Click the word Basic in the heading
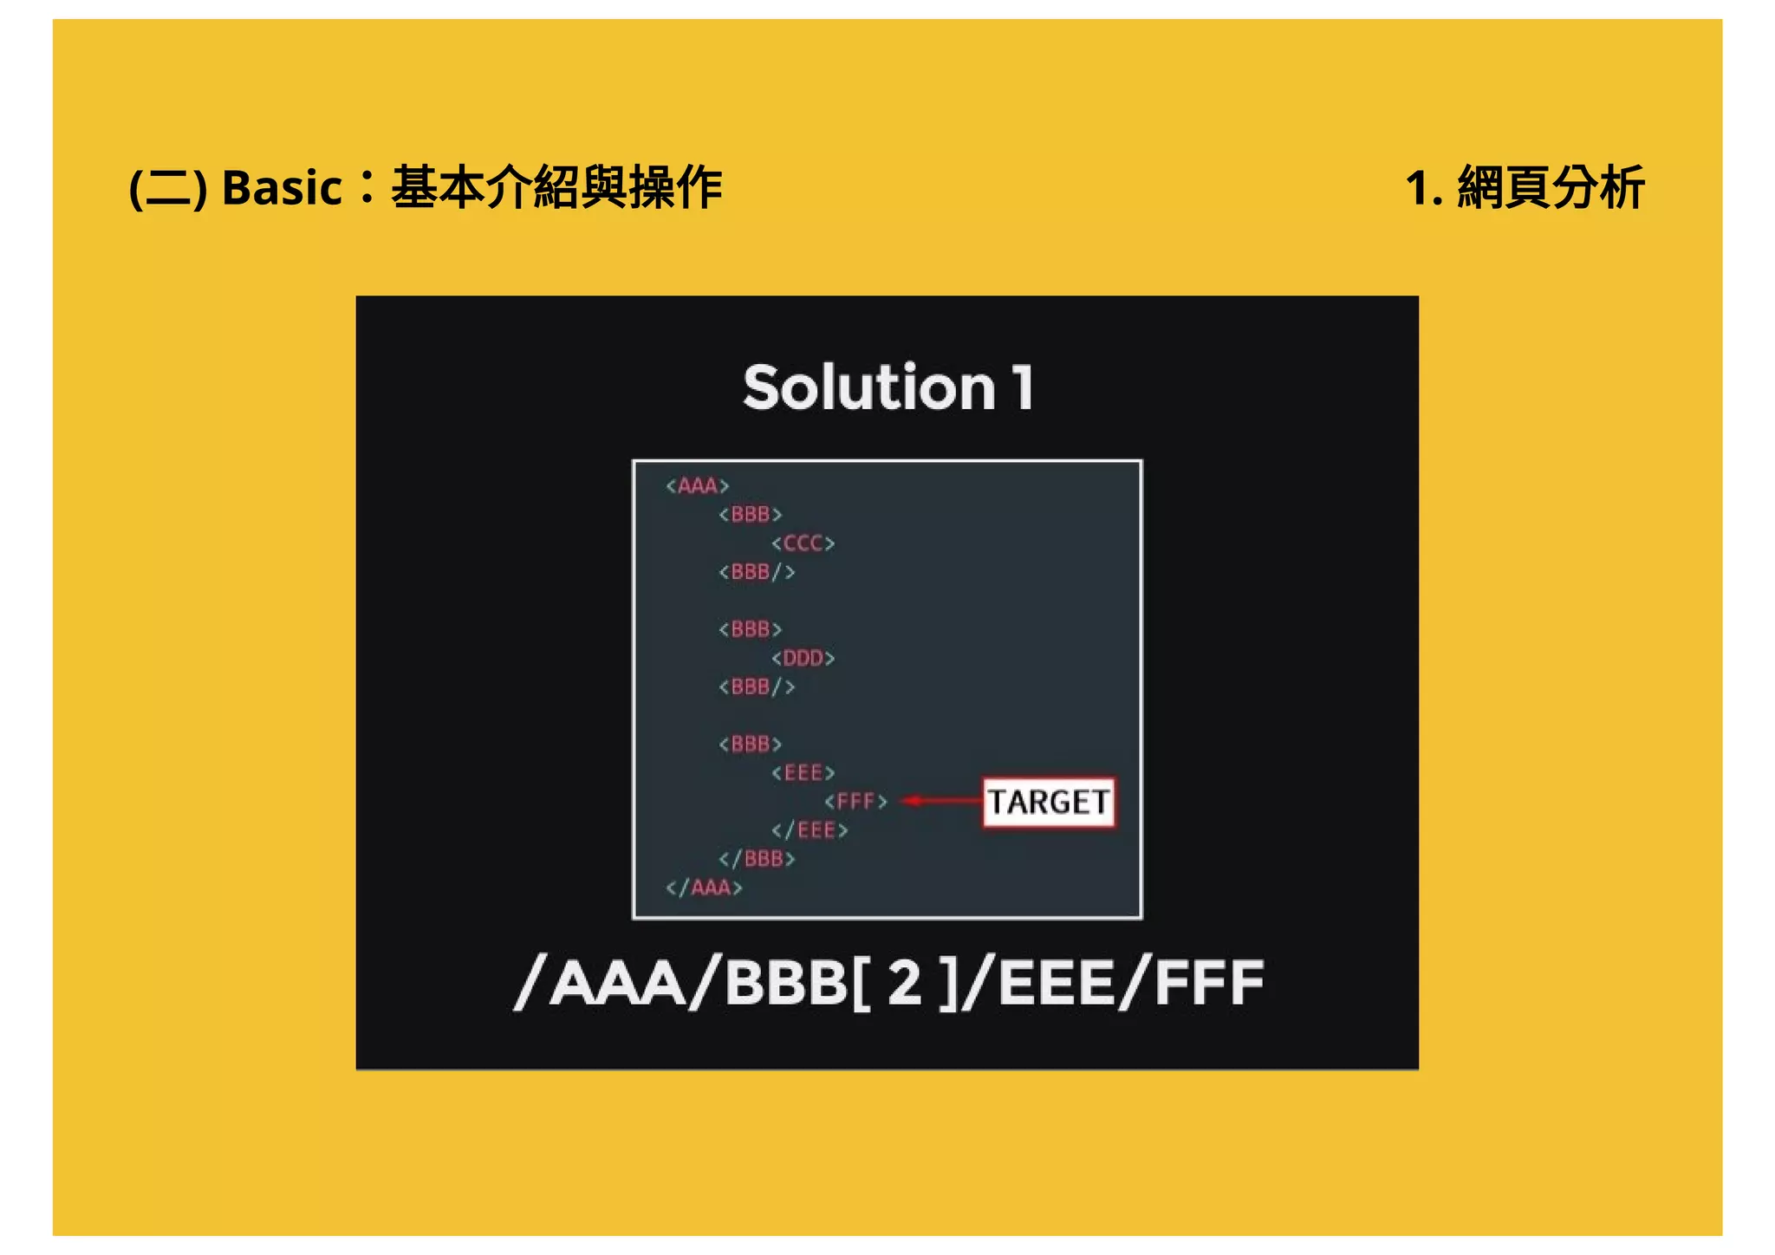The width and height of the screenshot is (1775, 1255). tap(282, 188)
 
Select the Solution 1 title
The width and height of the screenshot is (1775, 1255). tap(887, 387)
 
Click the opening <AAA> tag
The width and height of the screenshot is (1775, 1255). tap(698, 485)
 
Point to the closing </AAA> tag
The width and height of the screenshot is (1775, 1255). tap(704, 888)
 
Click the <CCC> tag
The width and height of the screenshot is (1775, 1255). tap(803, 543)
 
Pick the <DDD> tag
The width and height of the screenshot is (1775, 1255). tap(803, 659)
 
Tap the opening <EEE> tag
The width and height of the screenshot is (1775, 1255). tap(803, 773)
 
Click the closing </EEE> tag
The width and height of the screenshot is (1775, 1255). tap(809, 830)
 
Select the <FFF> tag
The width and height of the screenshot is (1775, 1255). tap(856, 802)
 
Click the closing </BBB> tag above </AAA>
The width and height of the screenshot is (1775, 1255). tap(757, 859)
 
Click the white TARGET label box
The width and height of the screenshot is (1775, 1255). tap(1049, 803)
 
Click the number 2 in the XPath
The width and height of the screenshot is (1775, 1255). tap(905, 983)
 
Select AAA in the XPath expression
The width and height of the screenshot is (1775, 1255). tap(617, 983)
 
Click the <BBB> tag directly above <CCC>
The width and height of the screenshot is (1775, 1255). tap(751, 515)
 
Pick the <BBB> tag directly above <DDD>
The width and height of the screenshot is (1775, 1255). tap(751, 629)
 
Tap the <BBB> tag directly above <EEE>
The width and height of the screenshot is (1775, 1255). tap(751, 745)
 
